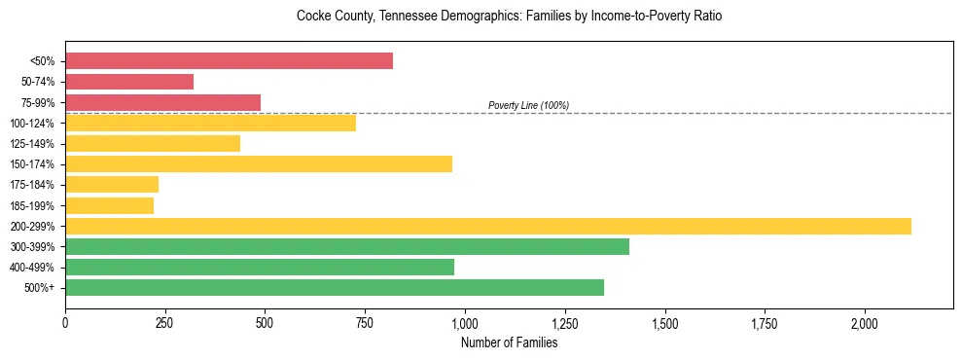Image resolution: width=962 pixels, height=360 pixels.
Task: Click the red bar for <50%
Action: pyautogui.click(x=229, y=61)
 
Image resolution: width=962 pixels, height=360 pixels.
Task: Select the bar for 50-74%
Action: pyautogui.click(x=129, y=82)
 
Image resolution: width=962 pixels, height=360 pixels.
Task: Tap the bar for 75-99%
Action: pyautogui.click(x=162, y=102)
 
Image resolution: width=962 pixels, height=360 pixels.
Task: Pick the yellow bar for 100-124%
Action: pyautogui.click(x=210, y=123)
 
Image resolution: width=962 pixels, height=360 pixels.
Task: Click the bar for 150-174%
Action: pyautogui.click(x=259, y=163)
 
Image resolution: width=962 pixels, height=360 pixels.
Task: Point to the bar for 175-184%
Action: pyautogui.click(x=112, y=185)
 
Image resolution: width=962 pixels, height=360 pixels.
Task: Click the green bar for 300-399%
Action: pyautogui.click(x=347, y=246)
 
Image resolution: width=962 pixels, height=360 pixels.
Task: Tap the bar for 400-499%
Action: pyautogui.click(x=260, y=267)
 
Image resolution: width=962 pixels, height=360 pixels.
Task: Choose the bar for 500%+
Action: pyautogui.click(x=335, y=287)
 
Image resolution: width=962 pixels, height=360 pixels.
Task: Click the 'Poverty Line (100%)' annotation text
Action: pyautogui.click(x=528, y=105)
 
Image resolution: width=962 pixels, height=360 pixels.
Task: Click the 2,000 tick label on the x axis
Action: pyautogui.click(x=865, y=322)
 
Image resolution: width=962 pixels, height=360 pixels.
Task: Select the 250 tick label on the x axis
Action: pyautogui.click(x=165, y=322)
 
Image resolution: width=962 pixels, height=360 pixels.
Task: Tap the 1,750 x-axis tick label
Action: pyautogui.click(x=765, y=322)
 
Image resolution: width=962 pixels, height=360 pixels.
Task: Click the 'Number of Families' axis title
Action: pyautogui.click(x=509, y=342)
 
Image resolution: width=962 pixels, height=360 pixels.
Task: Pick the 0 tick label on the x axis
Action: pyautogui.click(x=65, y=322)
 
